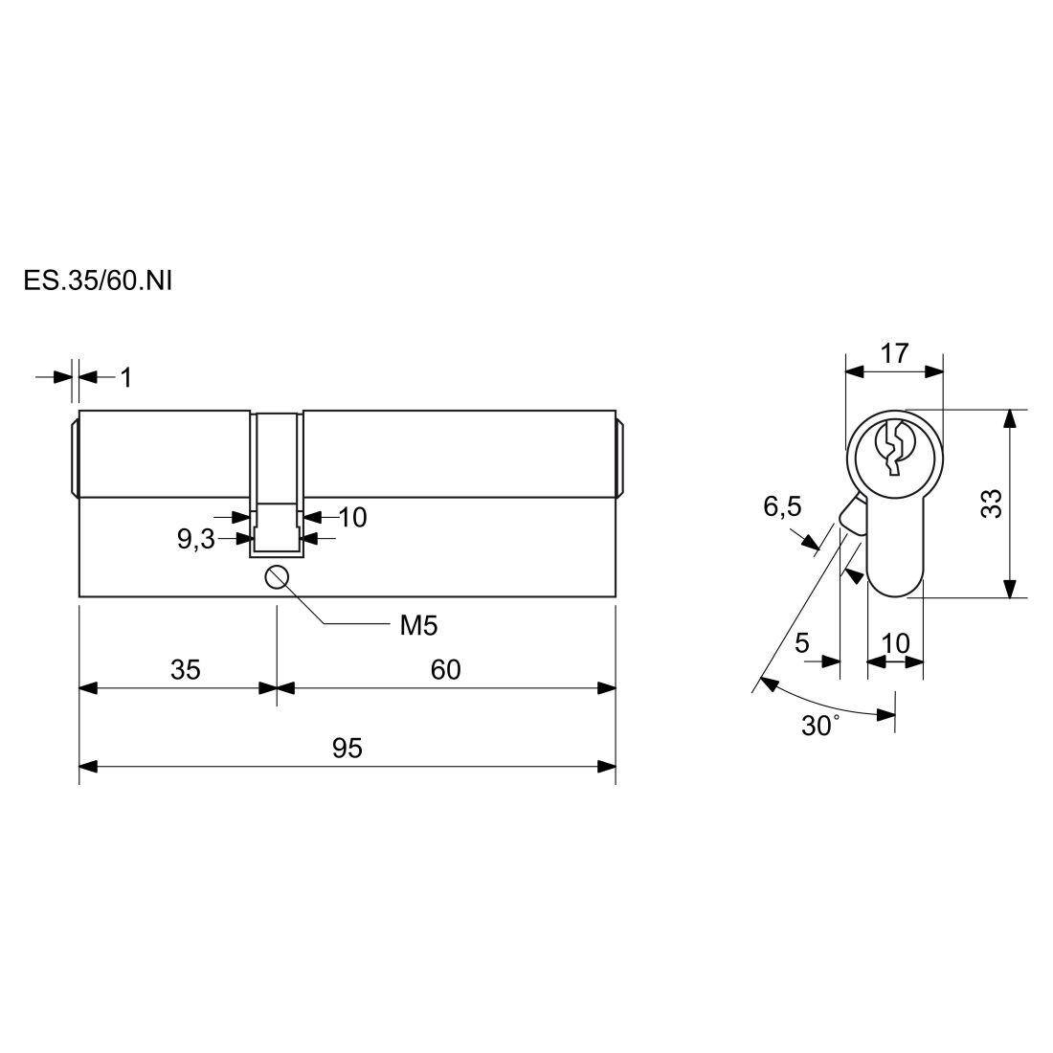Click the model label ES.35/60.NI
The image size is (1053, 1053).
click(98, 280)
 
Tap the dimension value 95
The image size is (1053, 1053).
click(347, 748)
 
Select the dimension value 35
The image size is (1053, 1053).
click(186, 669)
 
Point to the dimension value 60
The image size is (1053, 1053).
click(446, 669)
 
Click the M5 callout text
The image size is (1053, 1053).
click(418, 626)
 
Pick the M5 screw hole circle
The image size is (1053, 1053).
click(277, 577)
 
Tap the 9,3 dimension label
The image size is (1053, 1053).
click(196, 539)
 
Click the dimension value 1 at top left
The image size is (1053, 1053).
click(126, 378)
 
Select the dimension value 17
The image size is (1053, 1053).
click(894, 353)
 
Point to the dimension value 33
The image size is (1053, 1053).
click(992, 503)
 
